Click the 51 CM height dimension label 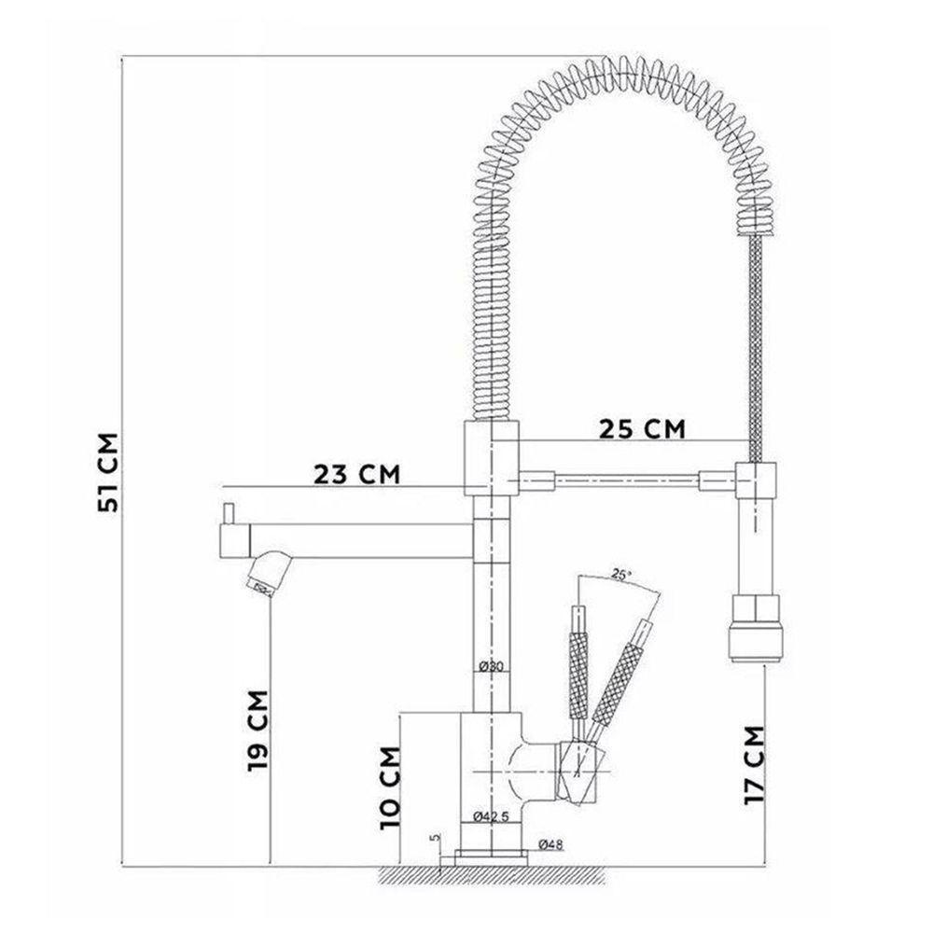[110, 472]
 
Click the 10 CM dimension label [392, 787]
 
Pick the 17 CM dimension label [757, 764]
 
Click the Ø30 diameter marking [491, 666]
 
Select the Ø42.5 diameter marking [491, 817]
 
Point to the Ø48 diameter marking [550, 845]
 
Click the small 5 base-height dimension [435, 838]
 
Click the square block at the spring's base [490, 456]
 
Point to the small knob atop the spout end [226, 514]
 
